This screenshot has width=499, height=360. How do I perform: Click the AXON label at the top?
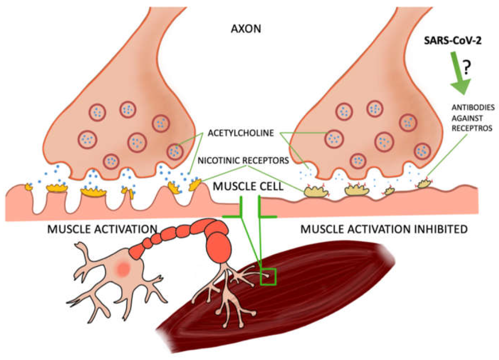246,29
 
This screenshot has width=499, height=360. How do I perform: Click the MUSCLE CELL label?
245,187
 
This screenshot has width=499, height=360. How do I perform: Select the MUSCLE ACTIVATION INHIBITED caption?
383,229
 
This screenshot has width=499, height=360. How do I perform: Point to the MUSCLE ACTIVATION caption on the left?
102,229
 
